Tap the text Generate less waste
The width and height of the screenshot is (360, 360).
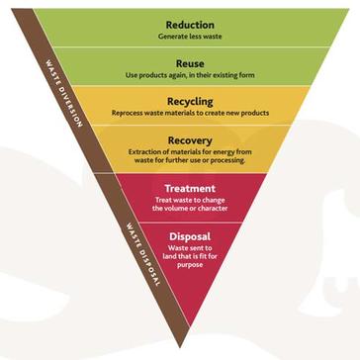click(190, 36)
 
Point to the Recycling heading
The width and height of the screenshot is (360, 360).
click(190, 101)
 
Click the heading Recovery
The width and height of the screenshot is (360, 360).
click(190, 140)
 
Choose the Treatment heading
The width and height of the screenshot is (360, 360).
click(190, 188)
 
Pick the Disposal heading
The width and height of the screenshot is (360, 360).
click(190, 236)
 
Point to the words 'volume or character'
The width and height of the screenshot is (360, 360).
click(190, 209)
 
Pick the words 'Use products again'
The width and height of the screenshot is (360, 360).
click(158, 75)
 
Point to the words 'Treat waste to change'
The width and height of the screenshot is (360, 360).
click(190, 201)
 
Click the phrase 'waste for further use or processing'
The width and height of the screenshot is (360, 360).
click(190, 163)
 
